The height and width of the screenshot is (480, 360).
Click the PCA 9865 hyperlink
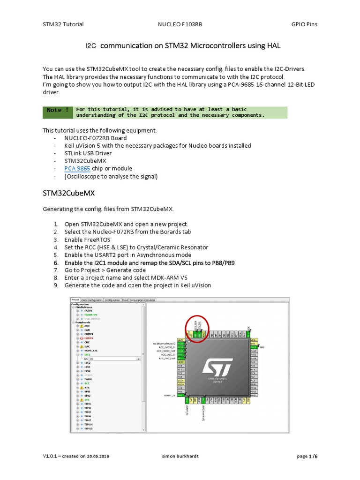tap(77, 168)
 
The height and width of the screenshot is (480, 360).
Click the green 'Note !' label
tap(58, 110)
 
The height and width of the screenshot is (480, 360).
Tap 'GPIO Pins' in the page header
tap(304, 24)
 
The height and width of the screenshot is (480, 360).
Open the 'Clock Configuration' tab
tap(92, 300)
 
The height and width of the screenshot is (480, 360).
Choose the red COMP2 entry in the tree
tap(89, 337)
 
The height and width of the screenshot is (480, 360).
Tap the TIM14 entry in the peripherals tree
tap(88, 424)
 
